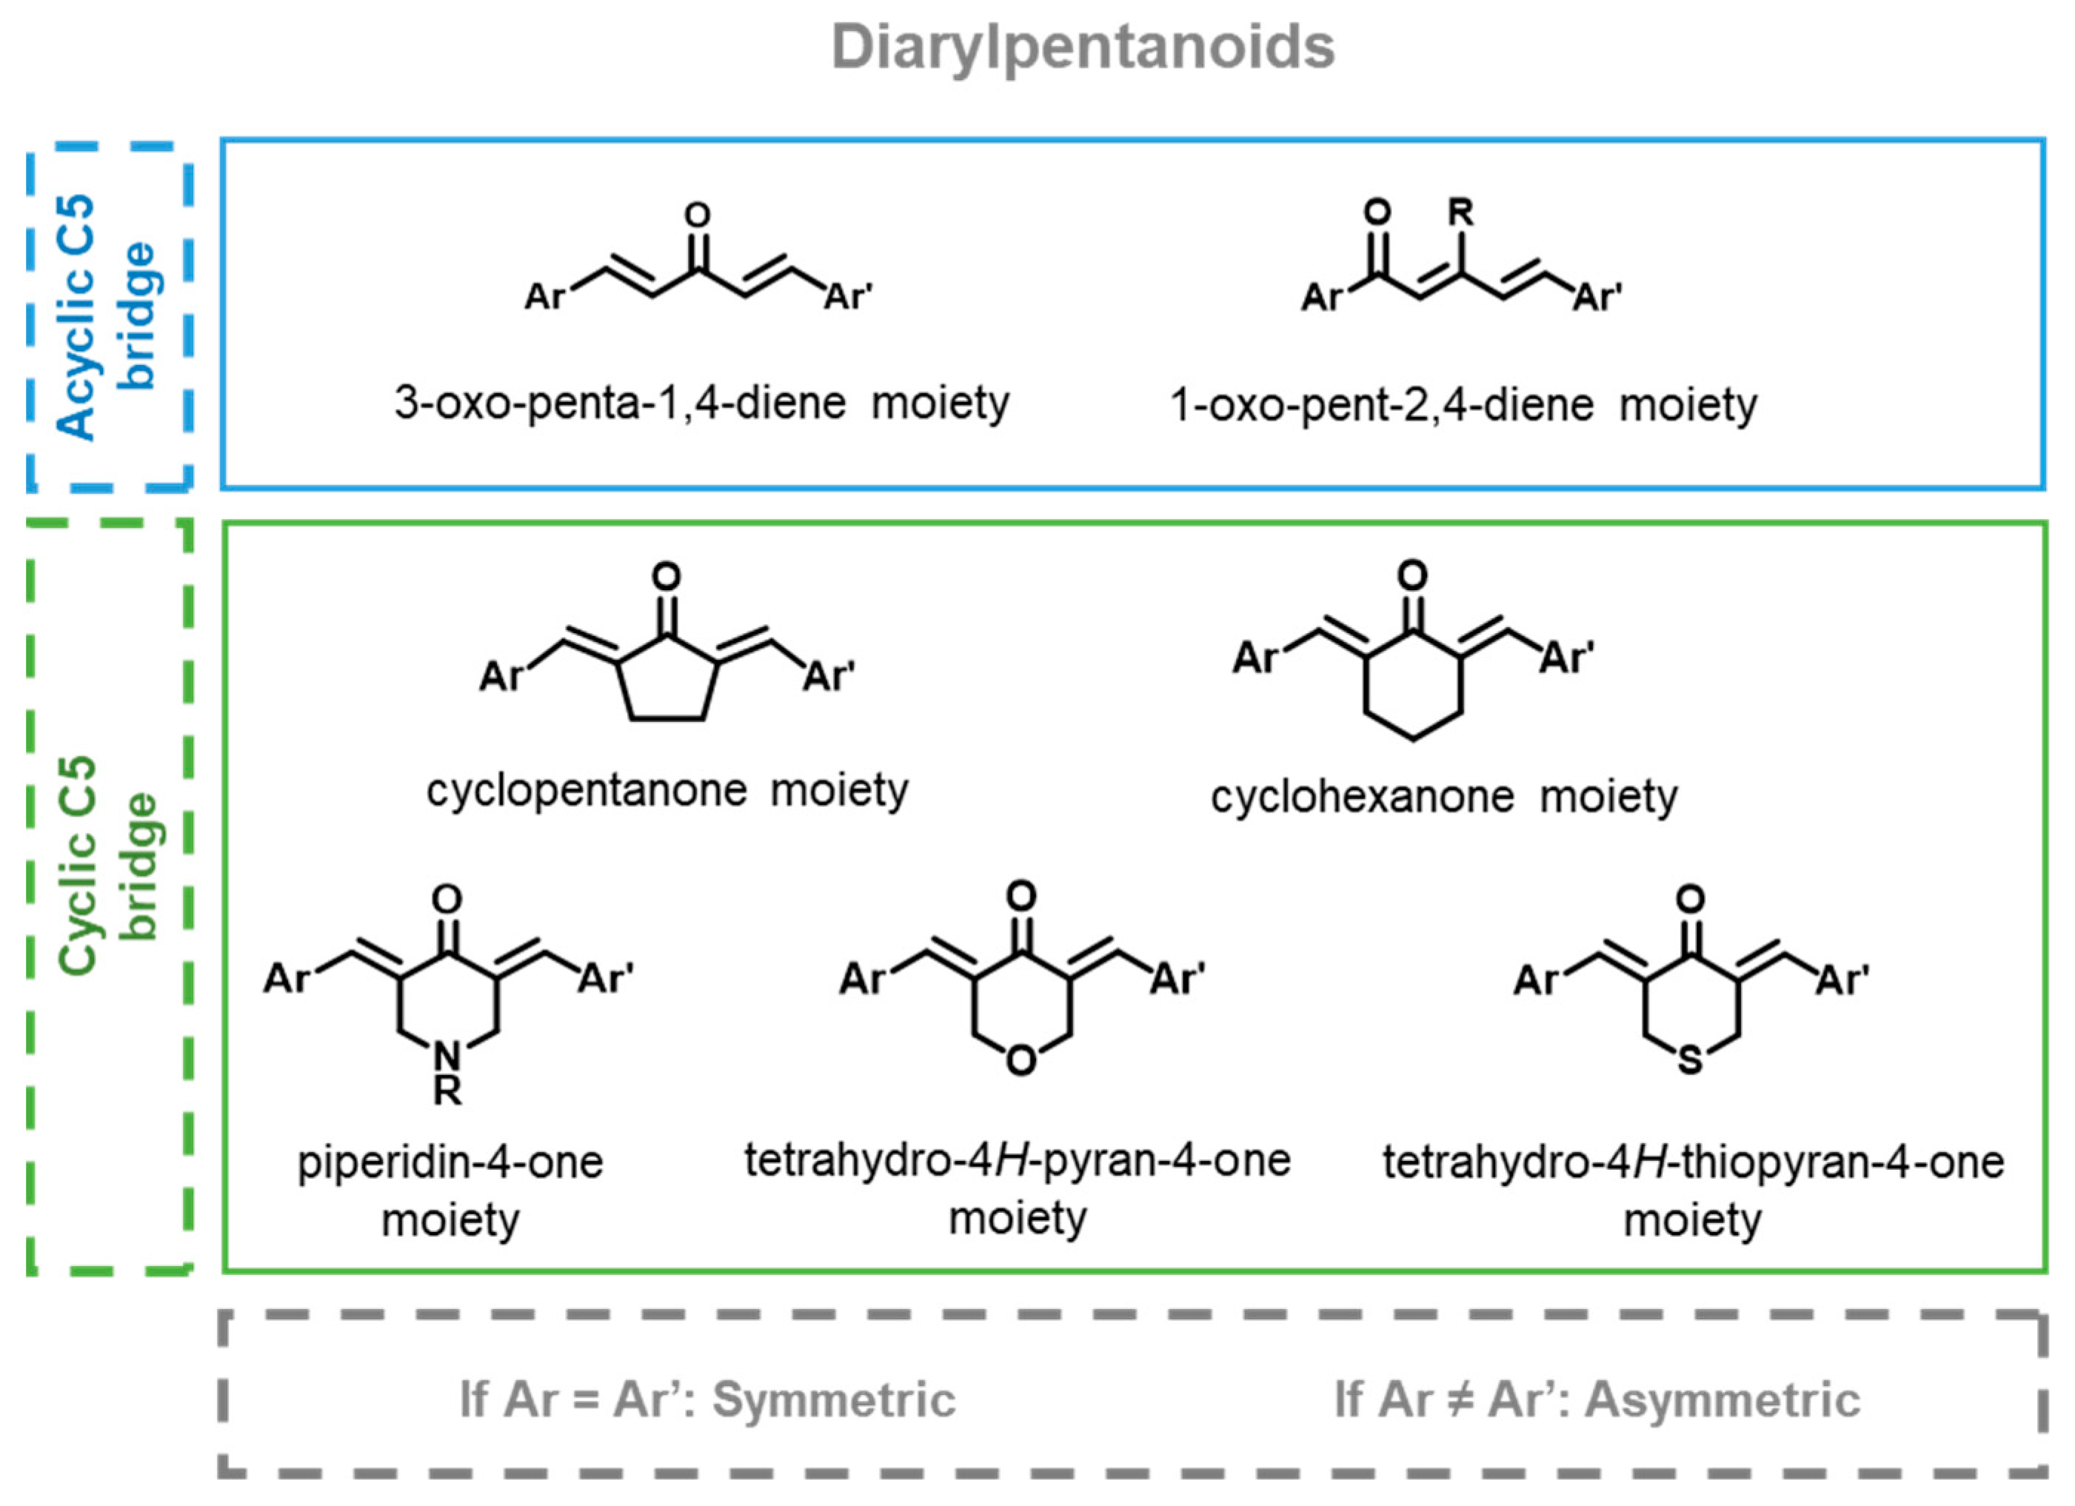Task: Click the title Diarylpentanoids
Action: [x=1083, y=47]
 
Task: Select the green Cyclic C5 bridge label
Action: [x=108, y=865]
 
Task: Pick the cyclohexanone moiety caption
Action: [x=1444, y=796]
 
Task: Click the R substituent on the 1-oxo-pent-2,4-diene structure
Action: [x=1461, y=213]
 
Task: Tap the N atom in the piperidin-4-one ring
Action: [x=447, y=1057]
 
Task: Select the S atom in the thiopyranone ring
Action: [x=1690, y=1061]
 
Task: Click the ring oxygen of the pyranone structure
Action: [x=1020, y=1060]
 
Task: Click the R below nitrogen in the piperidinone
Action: [x=447, y=1091]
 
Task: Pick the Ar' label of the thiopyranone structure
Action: [x=1842, y=980]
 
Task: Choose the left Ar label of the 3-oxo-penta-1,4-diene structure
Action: [x=545, y=296]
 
